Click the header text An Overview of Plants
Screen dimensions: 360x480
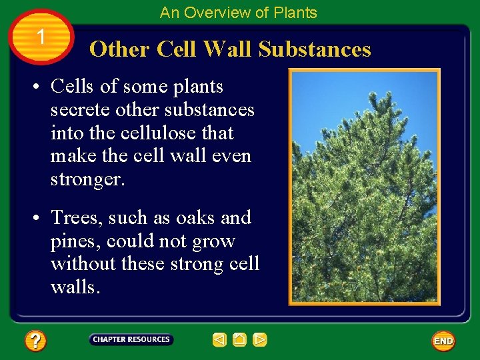coord(239,13)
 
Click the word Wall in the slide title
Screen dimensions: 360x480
coord(227,49)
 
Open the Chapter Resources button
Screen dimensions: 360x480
coord(131,340)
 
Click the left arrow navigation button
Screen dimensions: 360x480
coord(219,340)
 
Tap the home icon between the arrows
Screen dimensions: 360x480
coord(240,340)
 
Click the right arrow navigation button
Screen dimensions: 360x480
coord(260,340)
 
